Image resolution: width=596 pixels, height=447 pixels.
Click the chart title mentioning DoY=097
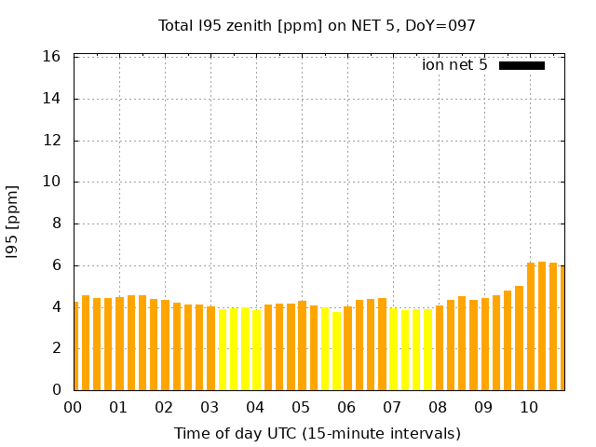[x=317, y=25]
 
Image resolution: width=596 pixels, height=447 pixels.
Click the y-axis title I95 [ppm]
[x=13, y=222]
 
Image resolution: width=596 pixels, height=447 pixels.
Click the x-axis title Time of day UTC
[x=317, y=434]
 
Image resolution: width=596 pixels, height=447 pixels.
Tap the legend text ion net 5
[x=454, y=65]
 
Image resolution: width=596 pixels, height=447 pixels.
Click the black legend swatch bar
[x=521, y=65]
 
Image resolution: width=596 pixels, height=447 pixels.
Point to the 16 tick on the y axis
[x=52, y=57]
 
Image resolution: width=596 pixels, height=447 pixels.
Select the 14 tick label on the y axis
[x=52, y=99]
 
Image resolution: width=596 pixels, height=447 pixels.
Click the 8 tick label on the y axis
[x=56, y=223]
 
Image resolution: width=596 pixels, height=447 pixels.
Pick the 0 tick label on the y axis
[x=56, y=390]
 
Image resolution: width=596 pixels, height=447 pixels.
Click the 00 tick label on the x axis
[x=73, y=408]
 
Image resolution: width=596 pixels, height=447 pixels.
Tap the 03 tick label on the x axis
[x=210, y=408]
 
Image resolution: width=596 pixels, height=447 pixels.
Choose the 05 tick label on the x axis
[x=301, y=408]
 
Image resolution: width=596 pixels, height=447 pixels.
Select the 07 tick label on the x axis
[x=392, y=408]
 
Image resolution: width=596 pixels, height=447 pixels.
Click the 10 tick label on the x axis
[x=529, y=408]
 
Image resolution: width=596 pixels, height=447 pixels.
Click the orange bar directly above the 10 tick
[x=531, y=326]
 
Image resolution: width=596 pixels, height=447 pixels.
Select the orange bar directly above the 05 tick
[x=302, y=345]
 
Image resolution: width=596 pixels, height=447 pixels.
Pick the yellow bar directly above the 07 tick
[x=393, y=349]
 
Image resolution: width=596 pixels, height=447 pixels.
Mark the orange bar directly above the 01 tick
[x=119, y=344]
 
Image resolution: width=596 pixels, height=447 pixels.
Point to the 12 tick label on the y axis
[x=52, y=141]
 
